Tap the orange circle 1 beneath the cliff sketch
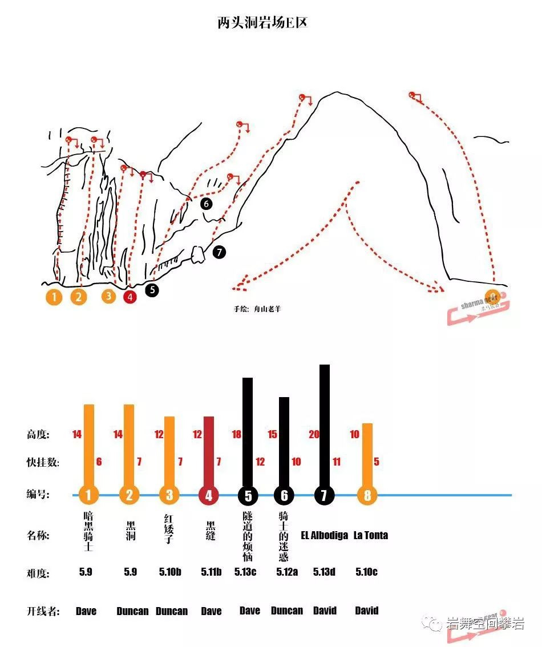point(54,297)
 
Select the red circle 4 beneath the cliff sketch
point(130,297)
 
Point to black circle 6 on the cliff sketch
point(206,203)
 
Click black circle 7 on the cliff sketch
point(219,252)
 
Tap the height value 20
point(314,435)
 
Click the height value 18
point(237,435)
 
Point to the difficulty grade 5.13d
point(324,572)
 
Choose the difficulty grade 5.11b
point(211,572)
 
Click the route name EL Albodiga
point(324,535)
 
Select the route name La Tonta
point(371,535)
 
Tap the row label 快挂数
point(43,462)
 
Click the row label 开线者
point(43,611)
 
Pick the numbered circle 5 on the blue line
point(248,495)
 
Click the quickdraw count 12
point(260,462)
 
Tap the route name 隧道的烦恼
point(248,536)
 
